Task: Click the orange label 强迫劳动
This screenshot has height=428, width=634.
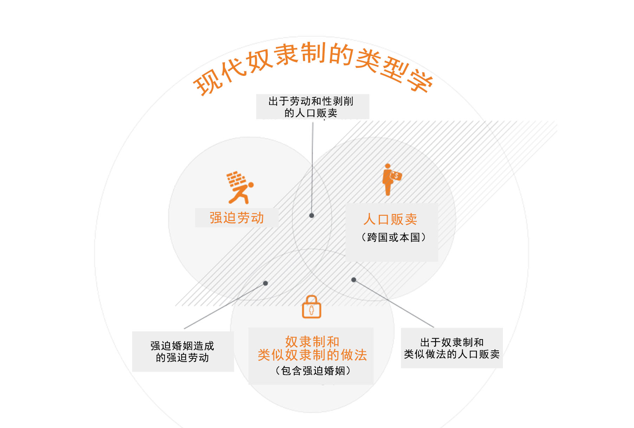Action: pyautogui.click(x=237, y=218)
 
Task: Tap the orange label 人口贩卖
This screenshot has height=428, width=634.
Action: pyautogui.click(x=390, y=219)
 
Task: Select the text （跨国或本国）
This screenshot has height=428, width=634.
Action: pyautogui.click(x=393, y=238)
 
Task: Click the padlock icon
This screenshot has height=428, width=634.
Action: pyautogui.click(x=311, y=307)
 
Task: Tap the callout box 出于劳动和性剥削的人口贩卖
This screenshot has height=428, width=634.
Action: pyautogui.click(x=312, y=107)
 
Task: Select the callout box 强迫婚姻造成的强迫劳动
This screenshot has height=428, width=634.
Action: pyautogui.click(x=183, y=351)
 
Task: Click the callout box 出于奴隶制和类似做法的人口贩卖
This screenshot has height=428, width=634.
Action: pyautogui.click(x=452, y=348)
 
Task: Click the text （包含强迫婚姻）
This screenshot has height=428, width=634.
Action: pyautogui.click(x=312, y=371)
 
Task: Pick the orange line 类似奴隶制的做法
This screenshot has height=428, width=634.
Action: pyautogui.click(x=312, y=355)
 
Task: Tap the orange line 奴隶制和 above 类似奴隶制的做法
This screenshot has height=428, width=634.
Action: pyautogui.click(x=312, y=342)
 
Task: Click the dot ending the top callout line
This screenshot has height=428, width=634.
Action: pyautogui.click(x=312, y=215)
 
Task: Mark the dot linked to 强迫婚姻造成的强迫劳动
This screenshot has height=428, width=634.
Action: pyautogui.click(x=266, y=283)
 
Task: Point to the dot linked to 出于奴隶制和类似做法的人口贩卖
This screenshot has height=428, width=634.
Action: pyautogui.click(x=354, y=280)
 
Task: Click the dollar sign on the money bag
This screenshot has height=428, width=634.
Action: pyautogui.click(x=397, y=176)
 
